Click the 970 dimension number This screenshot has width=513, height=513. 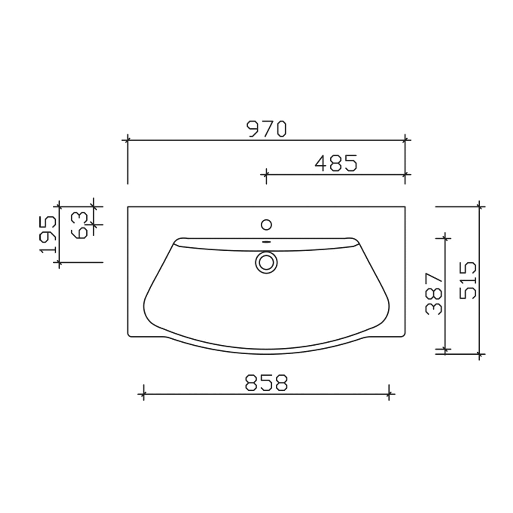(x=267, y=129)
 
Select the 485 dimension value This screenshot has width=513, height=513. (x=336, y=163)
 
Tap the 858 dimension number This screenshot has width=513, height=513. (x=267, y=383)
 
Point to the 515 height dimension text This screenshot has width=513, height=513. (x=468, y=280)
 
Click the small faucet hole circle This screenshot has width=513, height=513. (x=266, y=225)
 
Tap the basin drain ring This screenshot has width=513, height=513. (x=266, y=263)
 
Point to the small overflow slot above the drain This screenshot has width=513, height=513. (x=266, y=242)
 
